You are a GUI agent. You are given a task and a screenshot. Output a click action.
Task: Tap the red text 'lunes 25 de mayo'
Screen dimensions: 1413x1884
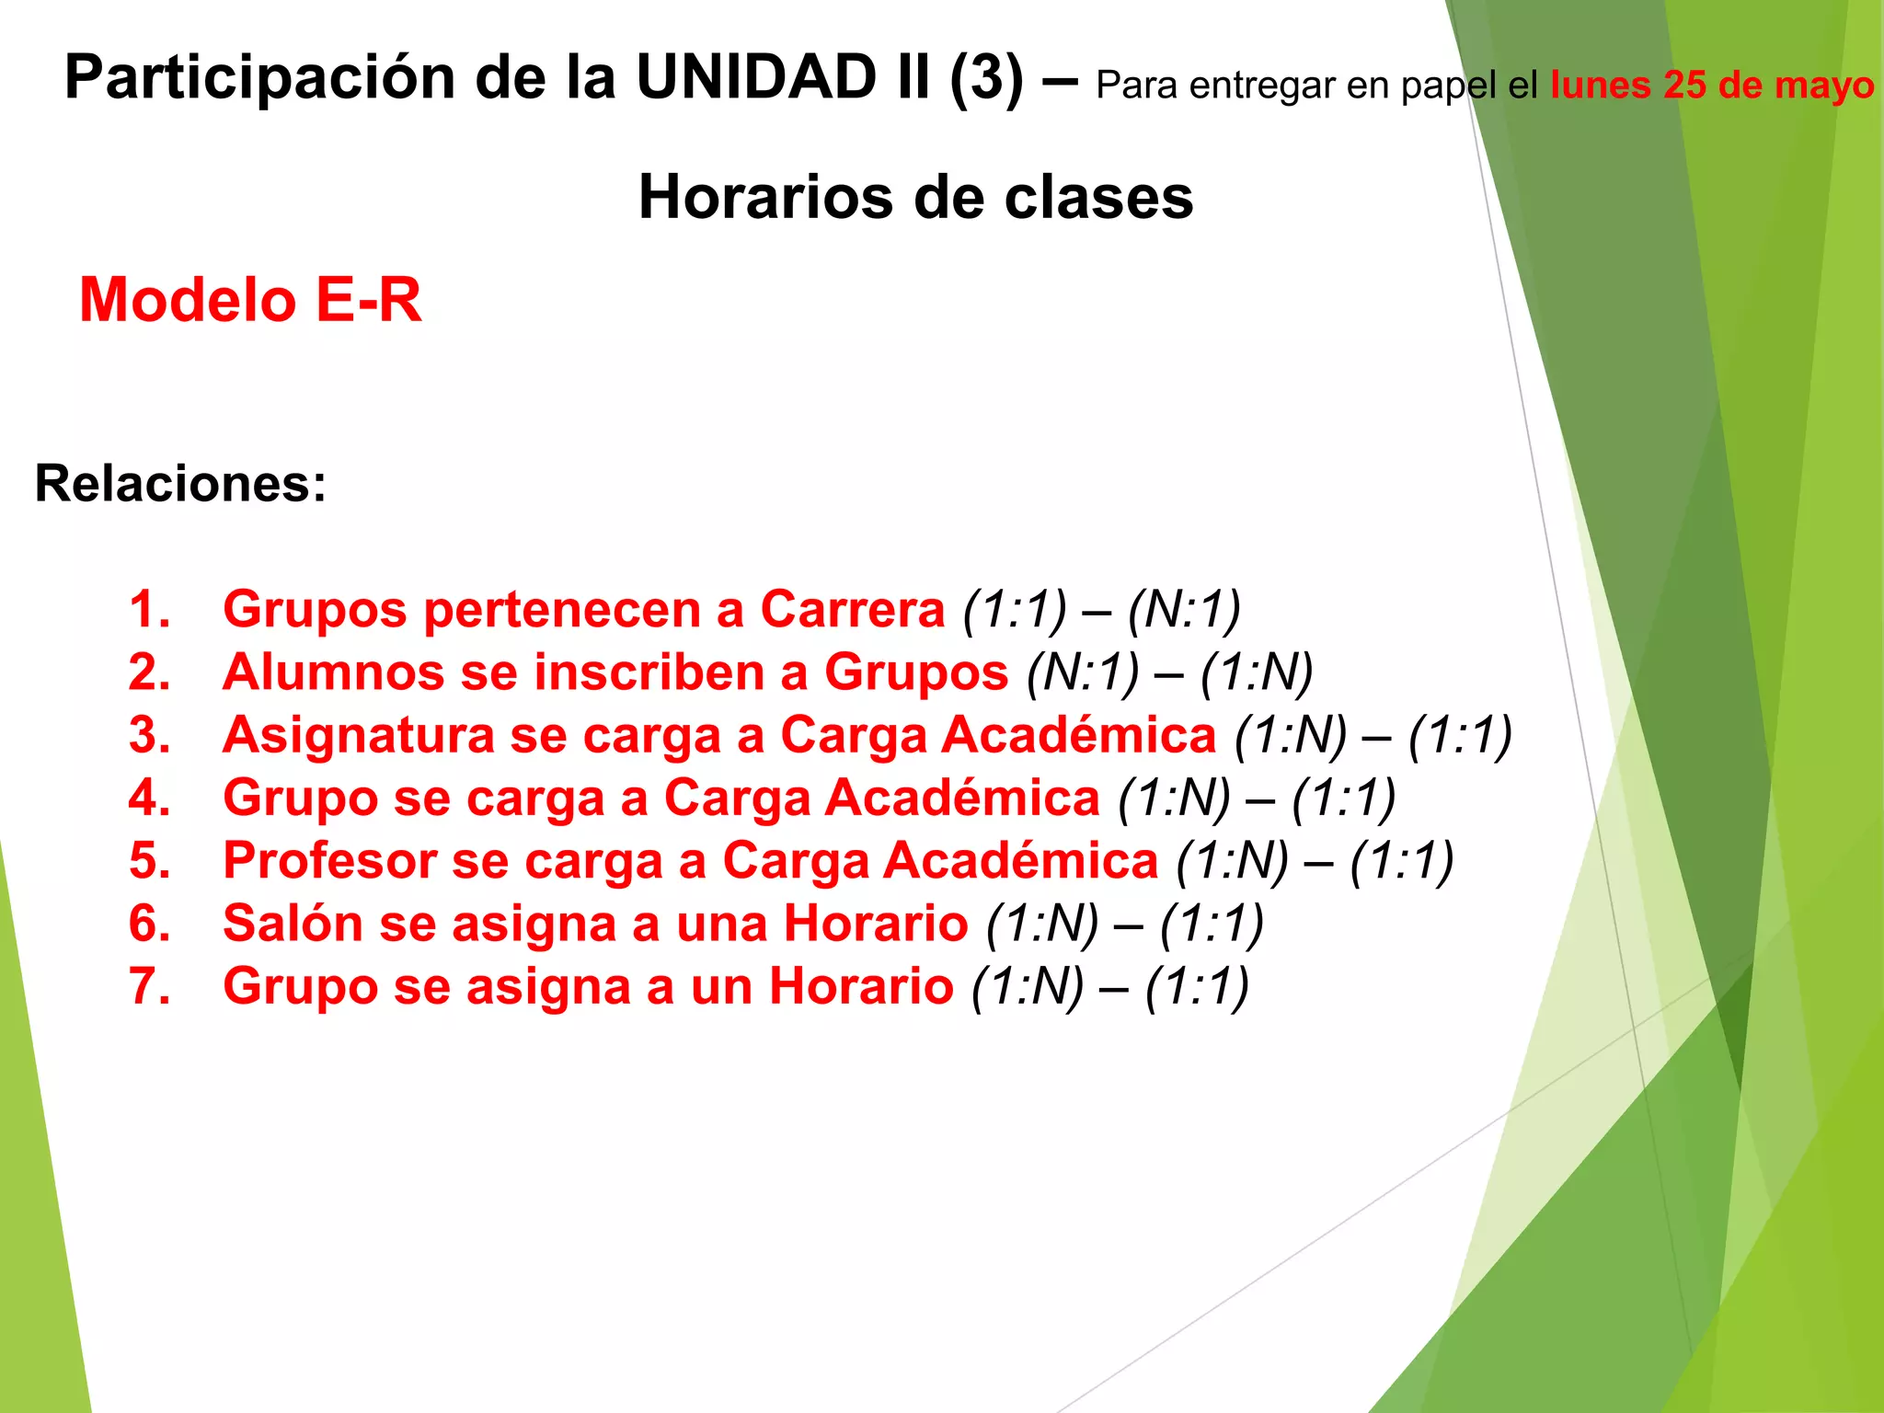(1711, 86)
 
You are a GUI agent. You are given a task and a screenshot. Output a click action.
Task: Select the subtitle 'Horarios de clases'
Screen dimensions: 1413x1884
(915, 197)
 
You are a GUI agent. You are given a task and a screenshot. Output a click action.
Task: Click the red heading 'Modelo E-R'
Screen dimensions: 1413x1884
(250, 300)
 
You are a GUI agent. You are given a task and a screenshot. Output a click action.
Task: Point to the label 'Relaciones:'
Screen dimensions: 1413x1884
(180, 483)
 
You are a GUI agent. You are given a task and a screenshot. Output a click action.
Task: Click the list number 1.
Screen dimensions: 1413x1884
(149, 609)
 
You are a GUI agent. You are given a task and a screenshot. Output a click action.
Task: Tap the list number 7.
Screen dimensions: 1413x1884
(149, 986)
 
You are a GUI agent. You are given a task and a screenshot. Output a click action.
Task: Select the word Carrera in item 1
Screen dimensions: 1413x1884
(852, 609)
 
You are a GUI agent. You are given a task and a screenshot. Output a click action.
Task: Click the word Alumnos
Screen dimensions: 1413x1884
(333, 672)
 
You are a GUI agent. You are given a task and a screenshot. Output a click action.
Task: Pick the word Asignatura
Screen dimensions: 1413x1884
(358, 735)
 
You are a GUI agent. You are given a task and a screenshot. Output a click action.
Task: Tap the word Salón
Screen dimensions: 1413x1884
(293, 924)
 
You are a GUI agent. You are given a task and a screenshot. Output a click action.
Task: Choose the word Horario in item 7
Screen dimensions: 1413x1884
(861, 986)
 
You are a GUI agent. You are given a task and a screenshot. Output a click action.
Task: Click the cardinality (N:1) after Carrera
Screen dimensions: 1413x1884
(1184, 609)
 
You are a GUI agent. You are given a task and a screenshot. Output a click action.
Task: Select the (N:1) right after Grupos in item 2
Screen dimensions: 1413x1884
(1083, 672)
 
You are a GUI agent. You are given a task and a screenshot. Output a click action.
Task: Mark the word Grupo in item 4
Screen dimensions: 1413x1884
(300, 798)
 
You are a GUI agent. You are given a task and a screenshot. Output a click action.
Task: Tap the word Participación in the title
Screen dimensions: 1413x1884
(260, 77)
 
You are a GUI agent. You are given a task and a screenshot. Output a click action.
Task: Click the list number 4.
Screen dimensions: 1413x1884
(149, 798)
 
